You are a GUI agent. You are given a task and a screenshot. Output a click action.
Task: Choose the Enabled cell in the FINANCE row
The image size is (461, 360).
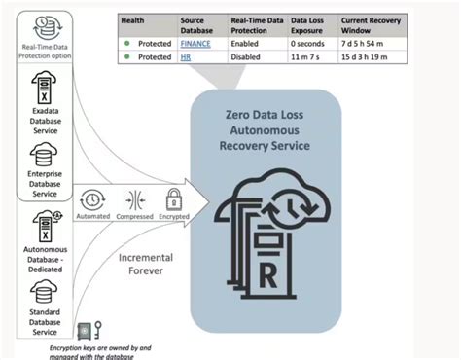point(246,45)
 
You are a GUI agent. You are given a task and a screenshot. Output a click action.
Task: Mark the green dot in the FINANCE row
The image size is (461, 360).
point(125,45)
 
